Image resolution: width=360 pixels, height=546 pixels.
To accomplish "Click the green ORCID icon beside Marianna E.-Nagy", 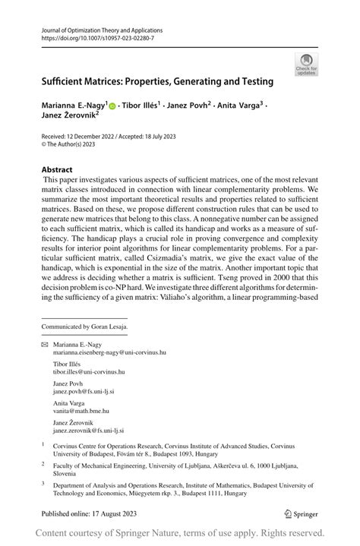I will pos(112,106).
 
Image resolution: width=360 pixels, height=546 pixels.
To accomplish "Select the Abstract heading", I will pos(57,169).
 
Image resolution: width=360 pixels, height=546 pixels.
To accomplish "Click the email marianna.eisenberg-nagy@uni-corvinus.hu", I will pos(109,353).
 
